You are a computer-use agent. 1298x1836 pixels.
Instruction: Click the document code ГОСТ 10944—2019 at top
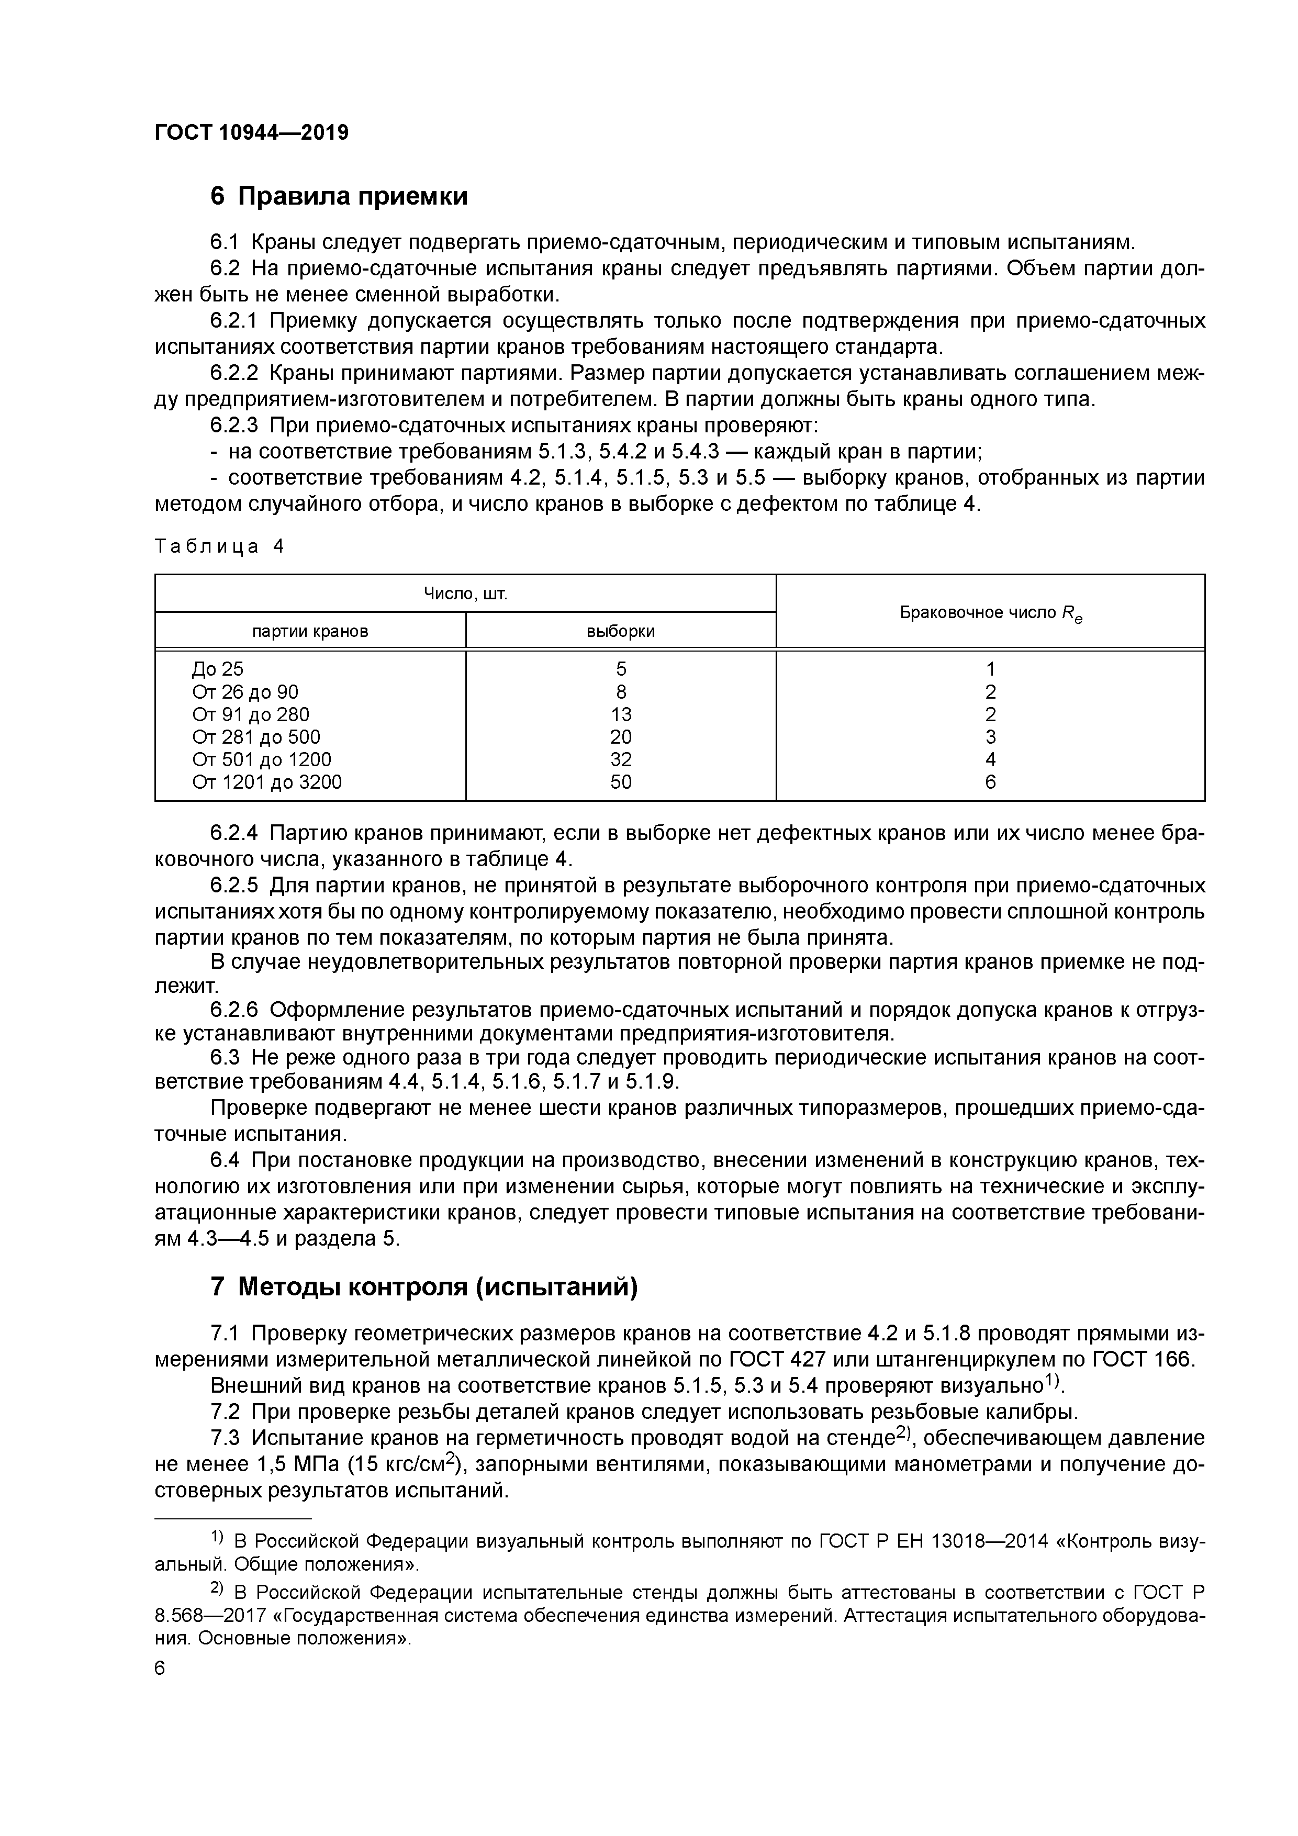pos(251,133)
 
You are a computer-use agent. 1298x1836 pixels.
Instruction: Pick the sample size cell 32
pos(621,759)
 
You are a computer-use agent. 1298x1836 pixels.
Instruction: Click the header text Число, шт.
pos(465,594)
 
